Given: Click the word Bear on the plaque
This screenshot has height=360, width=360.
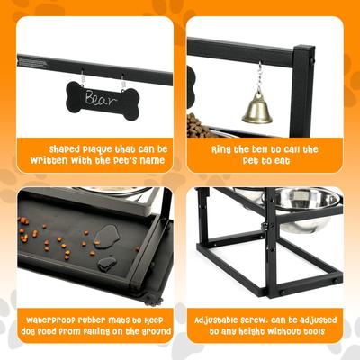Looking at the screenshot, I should (99, 96).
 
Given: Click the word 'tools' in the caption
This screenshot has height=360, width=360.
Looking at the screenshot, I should (306, 333).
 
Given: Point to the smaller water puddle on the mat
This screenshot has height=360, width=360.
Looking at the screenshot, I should (107, 263).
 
